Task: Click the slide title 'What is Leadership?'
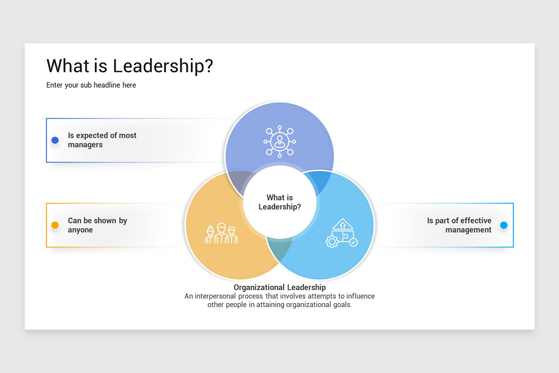coord(130,66)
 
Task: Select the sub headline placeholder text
coord(91,85)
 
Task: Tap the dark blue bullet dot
coord(55,140)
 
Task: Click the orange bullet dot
coord(55,225)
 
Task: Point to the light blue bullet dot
coord(504,225)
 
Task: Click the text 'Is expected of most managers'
coord(102,140)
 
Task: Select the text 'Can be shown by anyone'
coord(97,225)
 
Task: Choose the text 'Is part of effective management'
coord(459,225)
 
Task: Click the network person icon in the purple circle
coord(279,140)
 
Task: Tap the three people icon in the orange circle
coord(221,234)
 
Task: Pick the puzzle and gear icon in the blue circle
coord(341,233)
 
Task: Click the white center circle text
coord(279,202)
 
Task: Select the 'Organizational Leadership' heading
coord(279,287)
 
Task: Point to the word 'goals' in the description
coord(341,305)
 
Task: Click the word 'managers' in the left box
coord(85,145)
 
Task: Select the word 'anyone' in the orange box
coord(80,230)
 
